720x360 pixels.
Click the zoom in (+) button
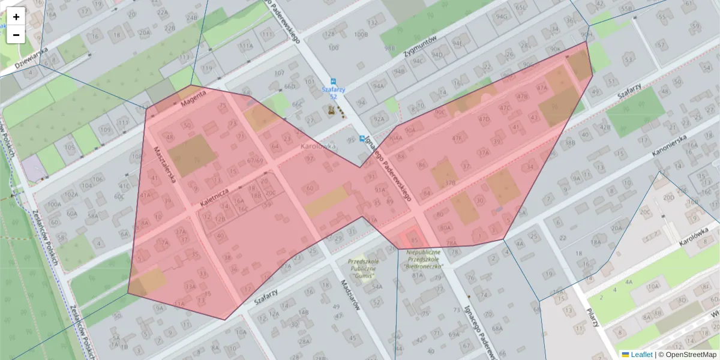[16, 16]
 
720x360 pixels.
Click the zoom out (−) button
[16, 35]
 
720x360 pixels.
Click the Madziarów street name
[349, 295]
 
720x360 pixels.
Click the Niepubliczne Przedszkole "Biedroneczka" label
[423, 259]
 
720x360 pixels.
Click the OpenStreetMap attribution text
[690, 355]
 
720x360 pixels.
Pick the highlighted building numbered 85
[414, 239]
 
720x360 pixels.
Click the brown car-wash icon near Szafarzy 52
[331, 110]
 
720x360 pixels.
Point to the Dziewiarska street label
[31, 58]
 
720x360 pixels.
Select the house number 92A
[379, 119]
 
